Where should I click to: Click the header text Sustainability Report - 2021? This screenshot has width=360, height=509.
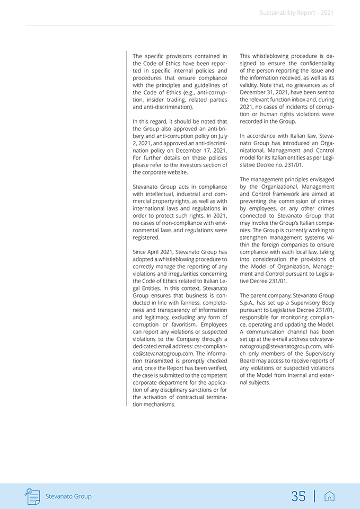click(297, 13)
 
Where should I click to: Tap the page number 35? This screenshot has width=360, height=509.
click(298, 496)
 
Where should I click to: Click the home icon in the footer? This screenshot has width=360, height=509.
click(329, 496)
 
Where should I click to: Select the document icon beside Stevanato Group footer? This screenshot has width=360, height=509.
click(33, 496)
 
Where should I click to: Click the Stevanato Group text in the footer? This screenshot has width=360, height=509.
click(68, 496)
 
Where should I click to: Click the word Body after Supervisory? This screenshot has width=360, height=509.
click(326, 302)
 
